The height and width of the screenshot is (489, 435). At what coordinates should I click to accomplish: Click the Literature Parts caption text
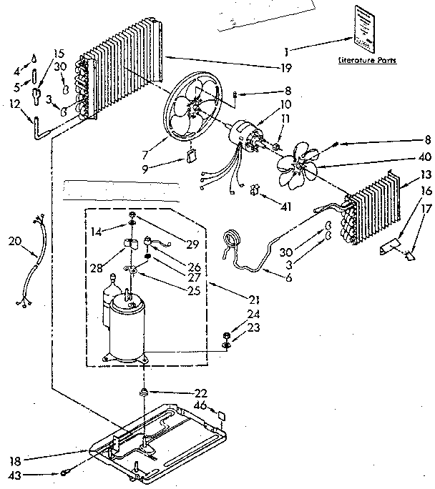point(367,61)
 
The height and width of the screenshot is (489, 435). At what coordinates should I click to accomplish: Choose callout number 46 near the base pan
point(201,405)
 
